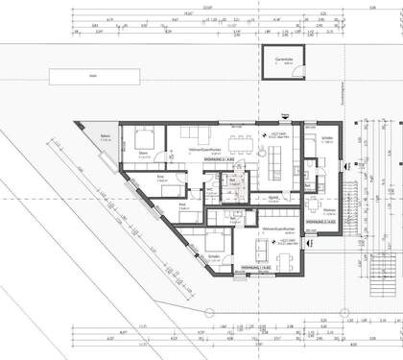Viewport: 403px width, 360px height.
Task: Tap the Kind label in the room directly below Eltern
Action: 162,176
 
